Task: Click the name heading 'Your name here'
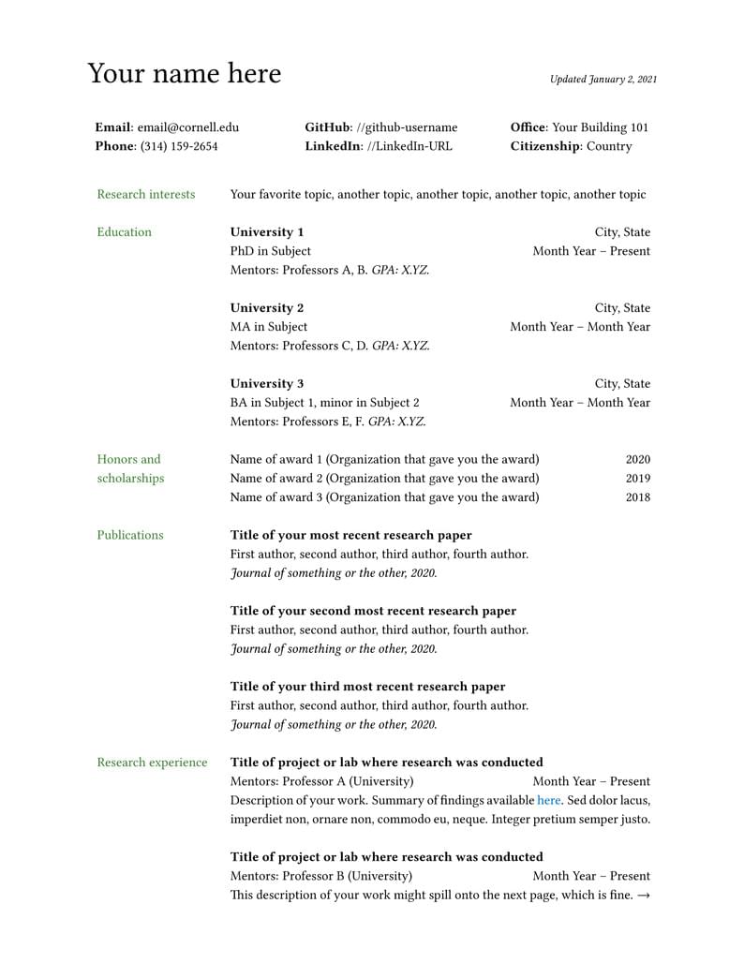coord(184,74)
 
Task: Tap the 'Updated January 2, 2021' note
coord(603,80)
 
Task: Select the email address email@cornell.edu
coord(188,127)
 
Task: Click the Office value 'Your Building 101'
coord(600,127)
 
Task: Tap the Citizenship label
coord(545,146)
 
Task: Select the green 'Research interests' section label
coord(146,195)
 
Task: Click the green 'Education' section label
coord(124,232)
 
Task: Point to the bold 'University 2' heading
coord(267,308)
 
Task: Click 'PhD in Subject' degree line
coord(271,251)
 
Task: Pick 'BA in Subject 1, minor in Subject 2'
coord(324,403)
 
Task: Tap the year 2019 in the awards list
coord(637,479)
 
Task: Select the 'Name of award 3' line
coord(384,497)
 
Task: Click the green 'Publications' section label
coord(130,536)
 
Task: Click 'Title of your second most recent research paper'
coord(373,611)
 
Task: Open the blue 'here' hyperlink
coord(548,801)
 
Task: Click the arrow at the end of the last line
coord(643,896)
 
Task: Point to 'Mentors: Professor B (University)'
coord(320,877)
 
